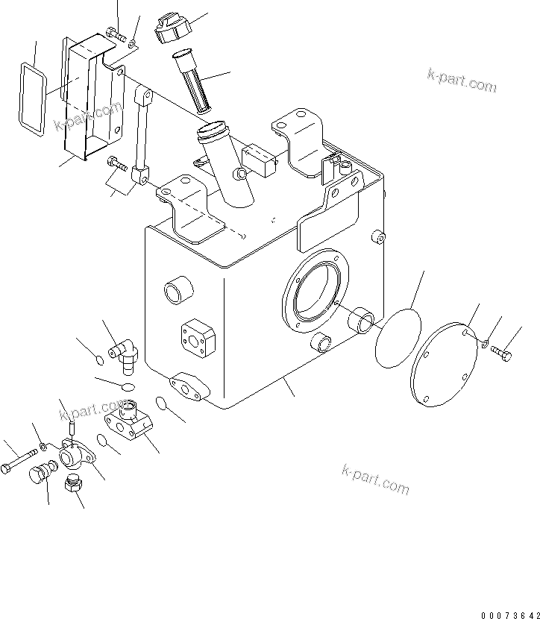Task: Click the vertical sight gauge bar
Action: click(141, 134)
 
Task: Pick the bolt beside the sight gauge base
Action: click(114, 160)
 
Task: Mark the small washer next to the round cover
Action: click(484, 344)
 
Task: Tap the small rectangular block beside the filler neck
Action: click(257, 160)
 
